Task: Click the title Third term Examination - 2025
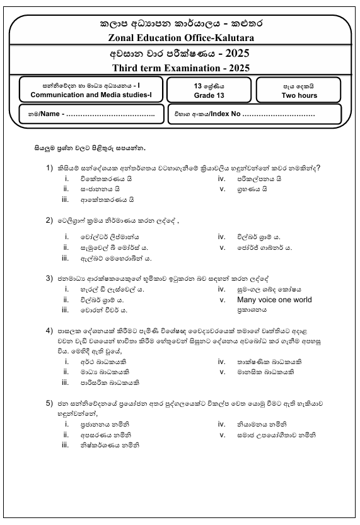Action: [x=181, y=68]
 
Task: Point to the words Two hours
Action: [x=299, y=95]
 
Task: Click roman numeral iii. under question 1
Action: [x=65, y=200]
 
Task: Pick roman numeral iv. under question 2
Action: [x=221, y=237]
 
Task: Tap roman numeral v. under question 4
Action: [x=222, y=372]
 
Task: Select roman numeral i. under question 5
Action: [x=66, y=425]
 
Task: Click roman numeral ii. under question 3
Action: [x=66, y=300]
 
